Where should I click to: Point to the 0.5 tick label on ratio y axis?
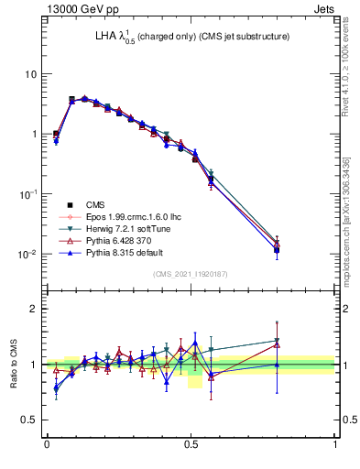coord(28,420)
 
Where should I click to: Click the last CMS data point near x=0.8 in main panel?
coord(277,249)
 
